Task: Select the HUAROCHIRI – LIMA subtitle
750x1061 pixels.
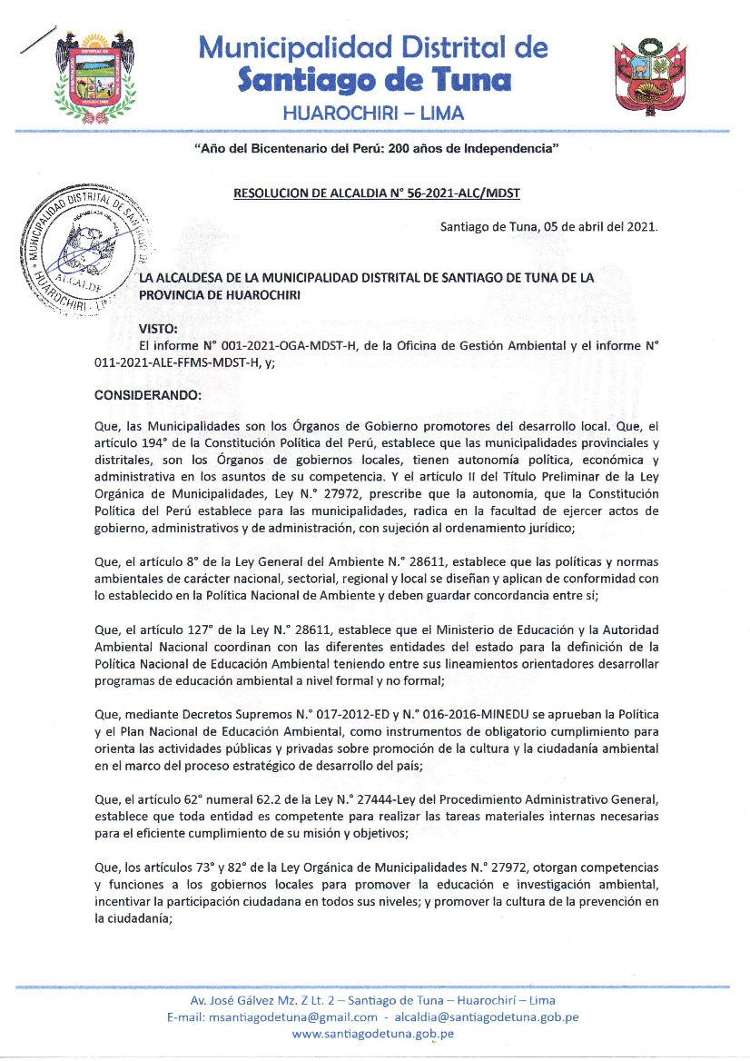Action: coord(373,113)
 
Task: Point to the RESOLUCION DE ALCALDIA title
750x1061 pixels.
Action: coord(376,193)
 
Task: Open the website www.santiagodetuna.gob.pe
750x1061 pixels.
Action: coord(373,1034)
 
